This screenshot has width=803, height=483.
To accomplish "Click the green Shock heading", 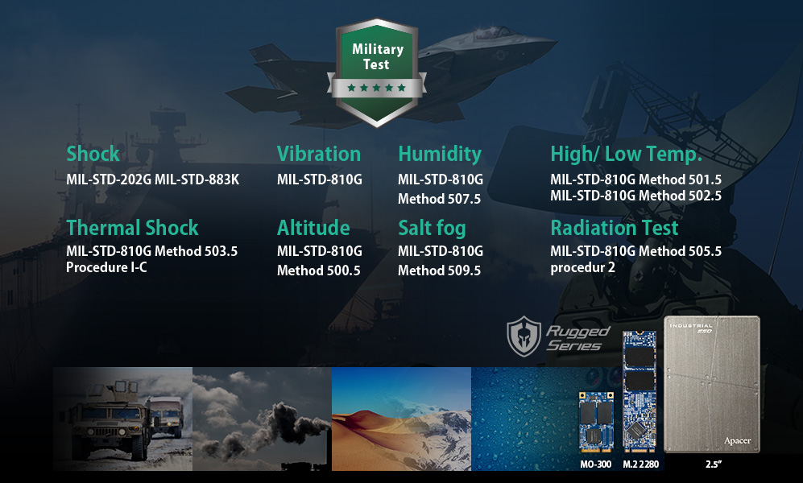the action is coord(93,154).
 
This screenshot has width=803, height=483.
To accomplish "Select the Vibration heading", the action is coord(318,154).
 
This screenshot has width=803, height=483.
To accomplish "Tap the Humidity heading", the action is coord(440,154).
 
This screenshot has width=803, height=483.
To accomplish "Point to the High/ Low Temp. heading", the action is coord(626,154).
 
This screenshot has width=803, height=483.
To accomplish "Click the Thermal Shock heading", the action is coord(132,228).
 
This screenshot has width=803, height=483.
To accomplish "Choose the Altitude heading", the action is coord(313,228).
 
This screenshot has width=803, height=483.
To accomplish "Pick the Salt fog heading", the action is coord(432,228).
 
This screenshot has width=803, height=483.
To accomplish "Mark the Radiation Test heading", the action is coord(614,228).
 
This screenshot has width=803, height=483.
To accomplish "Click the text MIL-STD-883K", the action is coord(197,180).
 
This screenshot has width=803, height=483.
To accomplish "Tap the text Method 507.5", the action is coord(440,199).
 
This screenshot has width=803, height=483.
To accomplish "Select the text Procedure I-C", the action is coord(106,267).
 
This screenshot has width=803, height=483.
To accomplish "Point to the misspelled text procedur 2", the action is coord(583,267).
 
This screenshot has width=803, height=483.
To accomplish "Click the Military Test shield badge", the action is coord(377,72).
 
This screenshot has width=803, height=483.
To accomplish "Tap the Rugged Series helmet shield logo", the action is coord(524,336).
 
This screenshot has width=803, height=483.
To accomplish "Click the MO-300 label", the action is coord(595,464).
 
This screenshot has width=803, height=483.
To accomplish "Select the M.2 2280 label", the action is coord(640,464).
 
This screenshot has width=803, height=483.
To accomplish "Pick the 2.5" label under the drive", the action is coord(713,464).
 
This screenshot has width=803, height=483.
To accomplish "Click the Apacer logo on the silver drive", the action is coord(738,440).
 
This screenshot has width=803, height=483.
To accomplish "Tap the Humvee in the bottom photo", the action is coord(109,417).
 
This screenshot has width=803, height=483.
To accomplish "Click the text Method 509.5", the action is coord(440,270).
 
